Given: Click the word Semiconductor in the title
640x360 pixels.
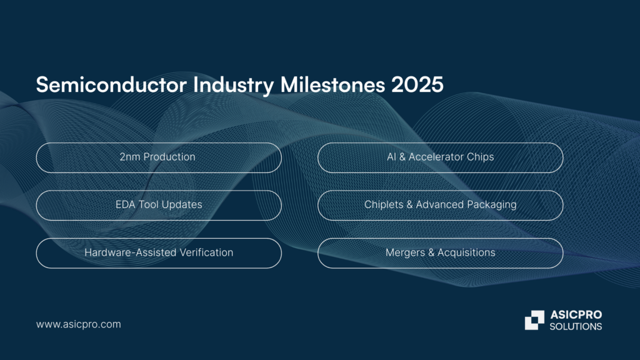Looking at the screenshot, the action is point(111,84).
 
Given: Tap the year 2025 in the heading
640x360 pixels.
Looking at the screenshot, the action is point(417,84).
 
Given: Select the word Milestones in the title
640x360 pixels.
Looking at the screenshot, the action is point(332,84).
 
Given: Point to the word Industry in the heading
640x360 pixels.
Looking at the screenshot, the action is point(233,85).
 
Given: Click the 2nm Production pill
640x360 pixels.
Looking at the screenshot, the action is point(159,157).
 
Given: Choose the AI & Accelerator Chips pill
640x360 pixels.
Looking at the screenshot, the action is point(441,157).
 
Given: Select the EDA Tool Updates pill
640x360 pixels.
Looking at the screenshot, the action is point(159,205).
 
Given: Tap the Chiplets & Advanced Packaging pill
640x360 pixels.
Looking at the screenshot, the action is point(441,205).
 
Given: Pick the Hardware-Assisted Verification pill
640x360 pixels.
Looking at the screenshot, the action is point(159,253).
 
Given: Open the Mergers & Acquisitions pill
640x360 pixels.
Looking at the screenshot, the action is point(441,253).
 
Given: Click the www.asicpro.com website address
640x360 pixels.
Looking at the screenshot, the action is point(78,324).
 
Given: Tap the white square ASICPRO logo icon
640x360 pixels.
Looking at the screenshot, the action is point(534,320).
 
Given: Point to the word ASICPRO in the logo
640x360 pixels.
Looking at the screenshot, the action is point(576,315).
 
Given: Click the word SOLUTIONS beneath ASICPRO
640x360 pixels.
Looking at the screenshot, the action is point(576,326).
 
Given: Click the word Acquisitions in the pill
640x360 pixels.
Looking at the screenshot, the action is point(466,252).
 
